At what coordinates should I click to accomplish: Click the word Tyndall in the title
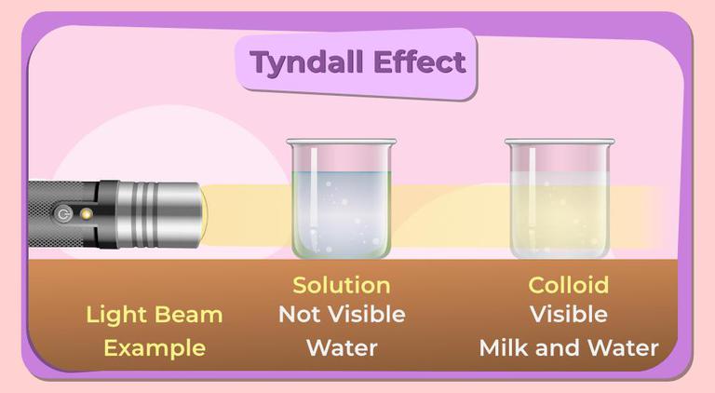(x=304, y=63)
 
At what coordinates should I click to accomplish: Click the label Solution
(x=341, y=285)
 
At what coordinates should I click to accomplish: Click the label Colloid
(x=568, y=285)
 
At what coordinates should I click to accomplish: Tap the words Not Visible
(x=341, y=315)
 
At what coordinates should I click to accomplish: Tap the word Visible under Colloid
(x=568, y=315)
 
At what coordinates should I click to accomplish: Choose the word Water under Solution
(x=341, y=348)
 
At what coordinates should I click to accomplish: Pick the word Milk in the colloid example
(x=503, y=348)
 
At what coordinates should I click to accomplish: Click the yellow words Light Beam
(x=154, y=315)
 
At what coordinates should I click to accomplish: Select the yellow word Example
(x=154, y=348)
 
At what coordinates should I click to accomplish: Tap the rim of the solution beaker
(x=340, y=142)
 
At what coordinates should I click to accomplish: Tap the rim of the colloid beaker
(x=559, y=142)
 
